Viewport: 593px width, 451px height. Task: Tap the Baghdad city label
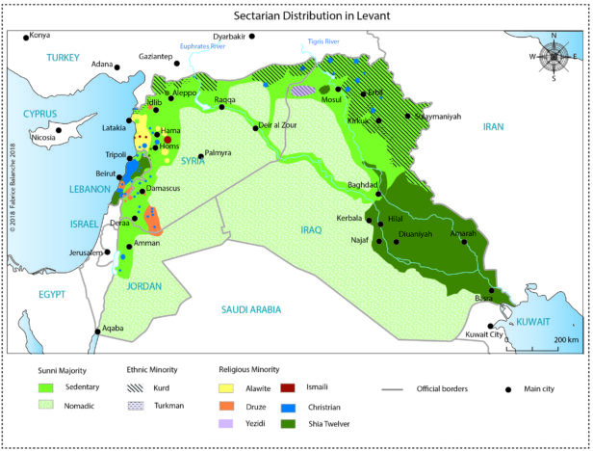[x=361, y=184]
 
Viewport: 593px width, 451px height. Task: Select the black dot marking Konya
[x=26, y=38]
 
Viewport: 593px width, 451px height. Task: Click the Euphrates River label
[x=203, y=44]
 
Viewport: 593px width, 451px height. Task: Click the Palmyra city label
[x=219, y=153]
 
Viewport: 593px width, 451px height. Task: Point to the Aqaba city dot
[x=97, y=332]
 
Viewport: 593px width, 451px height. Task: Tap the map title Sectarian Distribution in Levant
[x=296, y=16]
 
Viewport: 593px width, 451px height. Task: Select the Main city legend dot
[x=508, y=388]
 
